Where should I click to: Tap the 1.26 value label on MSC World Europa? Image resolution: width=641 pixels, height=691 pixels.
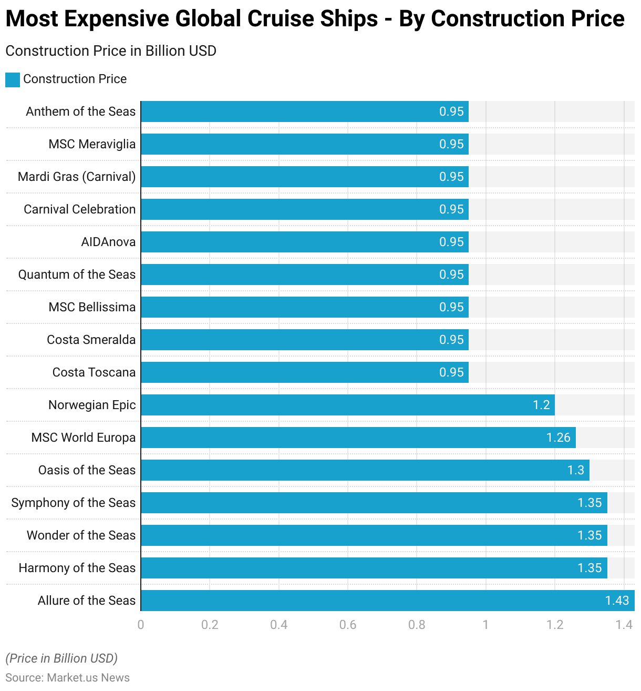[558, 438]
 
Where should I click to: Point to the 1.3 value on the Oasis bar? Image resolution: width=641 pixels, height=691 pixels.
[575, 470]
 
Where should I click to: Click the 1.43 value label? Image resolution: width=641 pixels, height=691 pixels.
[617, 601]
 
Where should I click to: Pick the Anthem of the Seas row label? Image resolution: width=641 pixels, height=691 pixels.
[80, 111]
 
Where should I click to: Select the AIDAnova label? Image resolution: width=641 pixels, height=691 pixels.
[108, 242]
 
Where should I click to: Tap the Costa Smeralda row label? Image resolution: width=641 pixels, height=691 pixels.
[91, 340]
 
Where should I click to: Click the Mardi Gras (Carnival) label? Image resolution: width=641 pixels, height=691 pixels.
[77, 177]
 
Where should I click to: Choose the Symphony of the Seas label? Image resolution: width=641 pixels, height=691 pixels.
[74, 503]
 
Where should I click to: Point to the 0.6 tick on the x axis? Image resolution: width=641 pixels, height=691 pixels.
[348, 625]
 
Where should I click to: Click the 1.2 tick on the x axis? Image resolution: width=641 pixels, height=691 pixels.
[555, 625]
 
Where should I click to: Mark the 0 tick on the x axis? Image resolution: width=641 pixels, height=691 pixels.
[141, 625]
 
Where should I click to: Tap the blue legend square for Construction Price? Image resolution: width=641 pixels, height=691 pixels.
[13, 79]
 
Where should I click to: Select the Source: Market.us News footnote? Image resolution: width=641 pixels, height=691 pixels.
[67, 677]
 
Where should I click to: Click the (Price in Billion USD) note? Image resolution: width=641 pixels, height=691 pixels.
[61, 658]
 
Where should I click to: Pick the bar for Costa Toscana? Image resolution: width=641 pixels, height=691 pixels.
[305, 372]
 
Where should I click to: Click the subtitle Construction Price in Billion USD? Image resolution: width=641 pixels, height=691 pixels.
[111, 51]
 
